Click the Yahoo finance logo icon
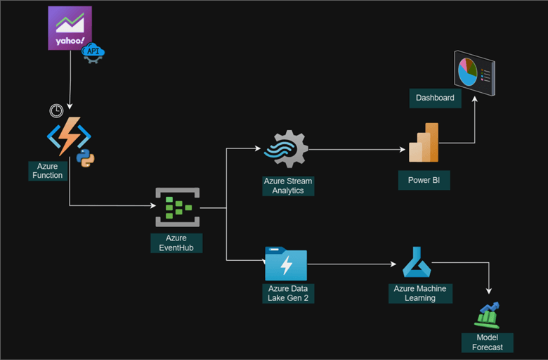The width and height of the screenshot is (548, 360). tap(70, 28)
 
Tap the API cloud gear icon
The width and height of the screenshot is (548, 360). tap(93, 53)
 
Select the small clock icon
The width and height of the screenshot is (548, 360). tap(56, 110)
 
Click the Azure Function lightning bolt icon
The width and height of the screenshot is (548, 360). tap(69, 137)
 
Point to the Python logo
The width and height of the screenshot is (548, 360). tap(86, 157)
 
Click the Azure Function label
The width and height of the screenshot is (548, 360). tap(48, 171)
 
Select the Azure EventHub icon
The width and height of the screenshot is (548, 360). tap(177, 207)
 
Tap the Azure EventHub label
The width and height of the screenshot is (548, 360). tap(176, 243)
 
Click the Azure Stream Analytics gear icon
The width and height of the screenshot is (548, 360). tap(285, 149)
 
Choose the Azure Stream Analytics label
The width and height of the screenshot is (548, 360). tap(288, 186)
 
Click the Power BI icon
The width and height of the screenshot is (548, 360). tap(424, 143)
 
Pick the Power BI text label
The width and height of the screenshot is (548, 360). tap(424, 180)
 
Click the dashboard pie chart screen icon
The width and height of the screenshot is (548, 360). tap(474, 72)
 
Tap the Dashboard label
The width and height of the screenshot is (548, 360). tap(435, 98)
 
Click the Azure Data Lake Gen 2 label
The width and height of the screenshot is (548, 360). tap(287, 293)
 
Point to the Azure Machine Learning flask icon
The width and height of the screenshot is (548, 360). tap(417, 263)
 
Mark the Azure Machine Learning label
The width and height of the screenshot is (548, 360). tap(419, 293)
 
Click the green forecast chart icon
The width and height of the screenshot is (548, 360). tap(487, 315)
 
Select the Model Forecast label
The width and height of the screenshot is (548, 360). tap(487, 342)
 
